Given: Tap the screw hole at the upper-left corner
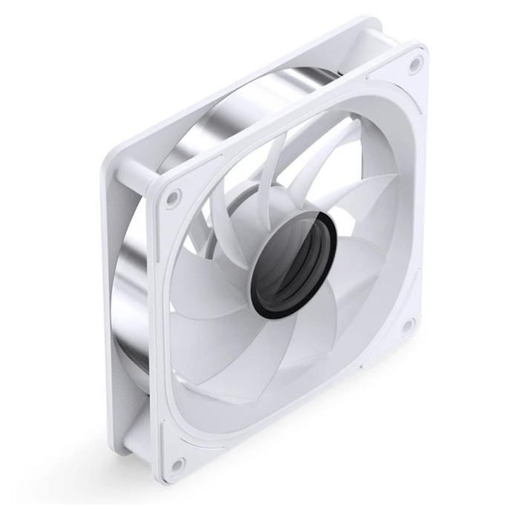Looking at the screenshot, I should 173,198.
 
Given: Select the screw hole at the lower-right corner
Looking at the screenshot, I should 407,324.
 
